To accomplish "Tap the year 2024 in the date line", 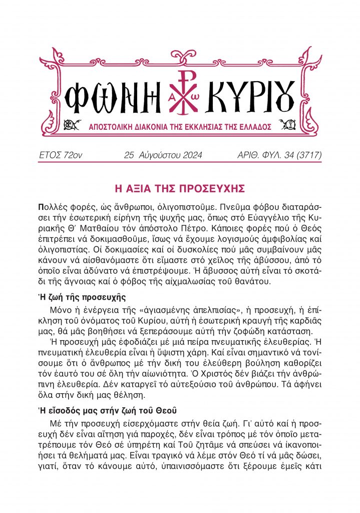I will (x=188, y=155).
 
